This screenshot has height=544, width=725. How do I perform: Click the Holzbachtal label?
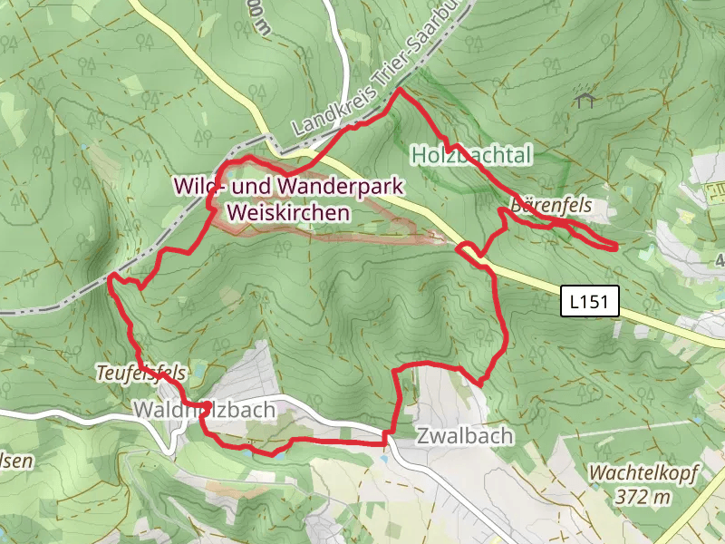coord(471,155)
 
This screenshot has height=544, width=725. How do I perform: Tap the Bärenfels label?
coord(550,206)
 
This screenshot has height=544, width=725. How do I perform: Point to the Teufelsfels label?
coord(141,372)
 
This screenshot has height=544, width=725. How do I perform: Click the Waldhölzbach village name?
coord(204,410)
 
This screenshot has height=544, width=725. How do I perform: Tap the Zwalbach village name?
coord(465,436)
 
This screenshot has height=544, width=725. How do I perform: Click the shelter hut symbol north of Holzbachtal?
coord(585,97)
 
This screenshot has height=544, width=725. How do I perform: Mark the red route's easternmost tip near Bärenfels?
coord(616,246)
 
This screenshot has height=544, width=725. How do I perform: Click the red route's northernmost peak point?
coord(399,90)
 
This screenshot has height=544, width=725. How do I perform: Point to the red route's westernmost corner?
coord(110,277)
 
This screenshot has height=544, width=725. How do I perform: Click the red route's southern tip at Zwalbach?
coord(387,442)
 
